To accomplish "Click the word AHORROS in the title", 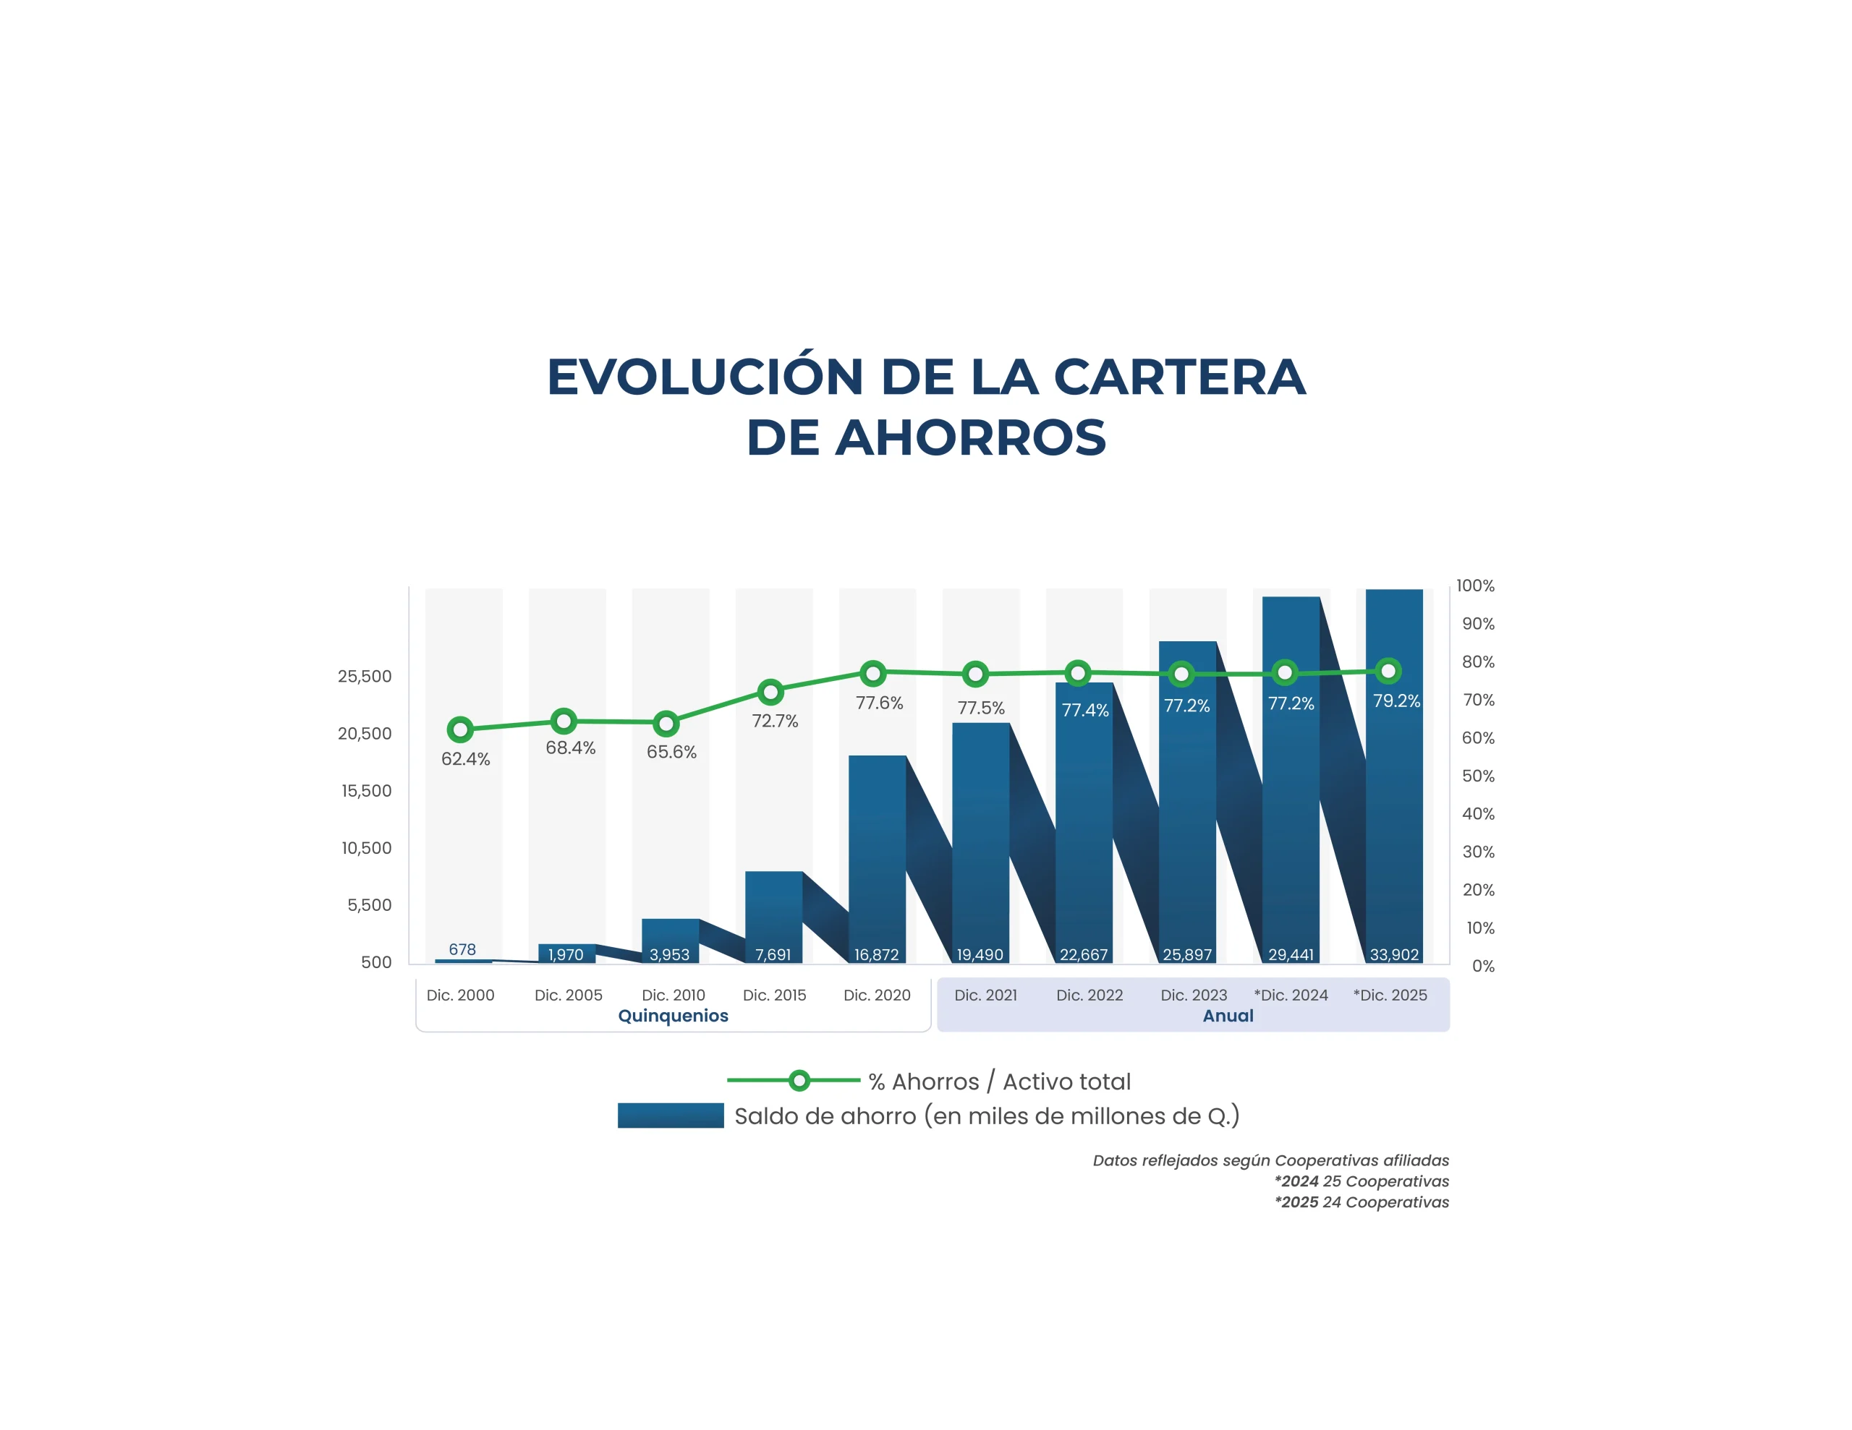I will (970, 438).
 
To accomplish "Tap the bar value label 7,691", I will (773, 954).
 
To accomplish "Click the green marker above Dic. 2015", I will (770, 692).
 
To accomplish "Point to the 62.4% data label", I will (466, 758).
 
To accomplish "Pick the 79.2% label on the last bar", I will (1396, 701).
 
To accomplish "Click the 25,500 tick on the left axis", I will (365, 677).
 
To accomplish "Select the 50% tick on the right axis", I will (1478, 776).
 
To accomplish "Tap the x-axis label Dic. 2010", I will (674, 996).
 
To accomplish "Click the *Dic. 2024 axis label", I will (1291, 996).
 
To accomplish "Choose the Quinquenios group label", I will (674, 1016).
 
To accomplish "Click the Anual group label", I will (1228, 1016).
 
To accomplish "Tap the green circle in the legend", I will (799, 1080).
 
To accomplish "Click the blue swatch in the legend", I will (670, 1116).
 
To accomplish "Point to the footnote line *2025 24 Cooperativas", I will (1361, 1202).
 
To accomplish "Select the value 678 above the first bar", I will (462, 949).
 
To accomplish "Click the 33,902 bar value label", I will (1394, 954).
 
